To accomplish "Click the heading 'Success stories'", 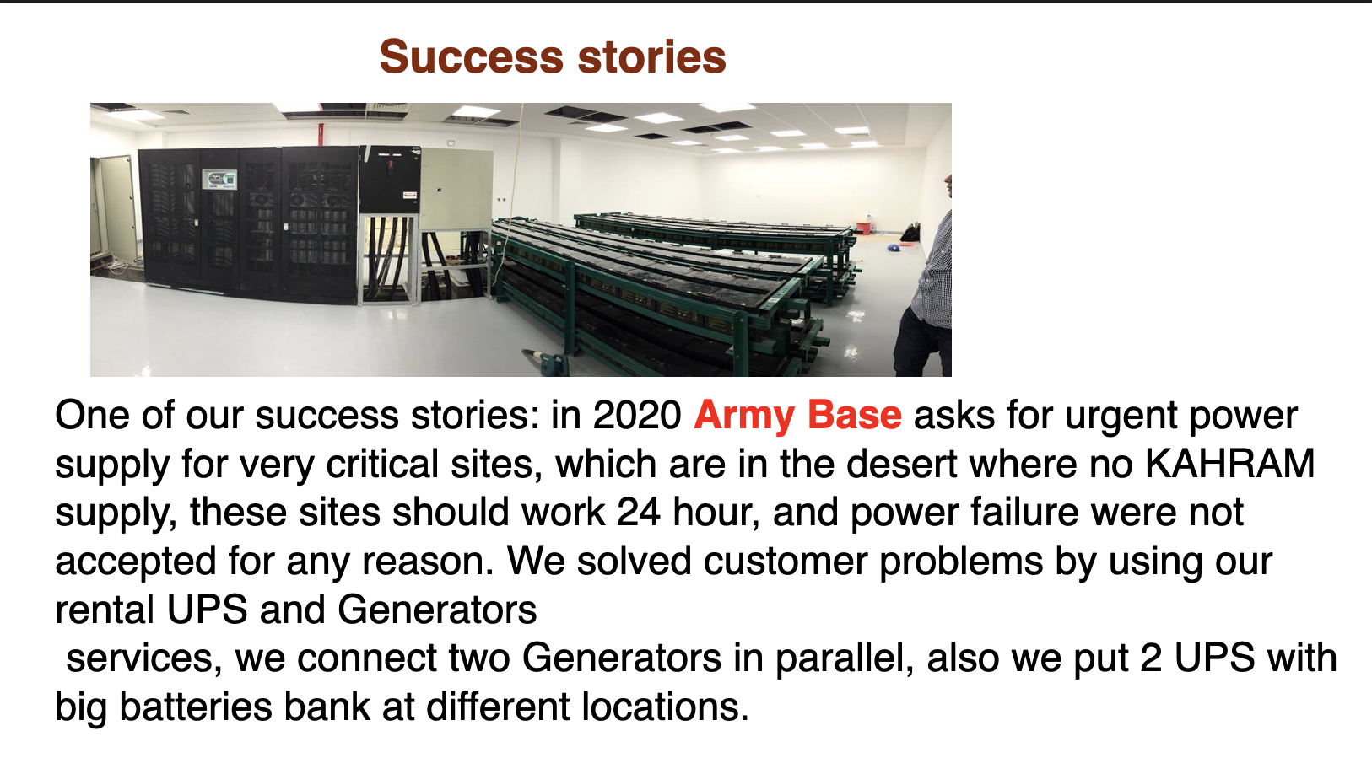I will point(553,57).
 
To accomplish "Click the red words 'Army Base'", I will point(797,416).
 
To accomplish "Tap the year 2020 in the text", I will point(637,416).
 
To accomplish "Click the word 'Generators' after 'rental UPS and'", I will point(437,610).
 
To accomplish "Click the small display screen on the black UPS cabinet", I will point(219,179).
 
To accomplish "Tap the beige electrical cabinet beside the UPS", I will point(456,190).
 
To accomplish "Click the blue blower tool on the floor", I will point(547,363).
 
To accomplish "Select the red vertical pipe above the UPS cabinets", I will point(321,135).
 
